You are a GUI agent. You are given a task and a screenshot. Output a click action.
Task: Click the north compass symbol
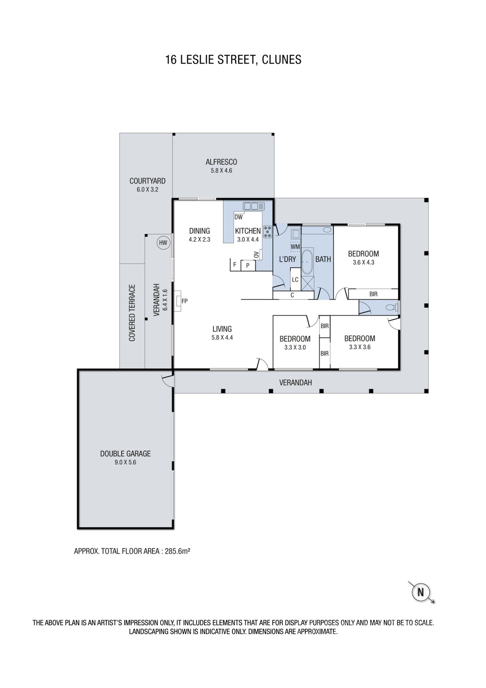click(x=420, y=592)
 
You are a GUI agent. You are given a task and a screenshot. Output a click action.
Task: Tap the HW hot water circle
click(x=163, y=243)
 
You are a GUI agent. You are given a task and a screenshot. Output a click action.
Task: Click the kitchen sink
click(x=254, y=206)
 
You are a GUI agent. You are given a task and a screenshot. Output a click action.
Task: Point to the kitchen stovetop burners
click(x=267, y=232)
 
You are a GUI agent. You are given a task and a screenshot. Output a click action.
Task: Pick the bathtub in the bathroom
click(x=307, y=261)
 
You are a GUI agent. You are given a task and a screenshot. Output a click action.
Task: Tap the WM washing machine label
click(x=295, y=247)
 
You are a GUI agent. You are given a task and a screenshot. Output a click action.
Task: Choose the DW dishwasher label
click(x=238, y=217)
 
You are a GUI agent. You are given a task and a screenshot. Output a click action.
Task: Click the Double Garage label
click(x=125, y=454)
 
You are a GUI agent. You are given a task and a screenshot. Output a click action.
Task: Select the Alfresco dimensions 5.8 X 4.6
click(x=221, y=171)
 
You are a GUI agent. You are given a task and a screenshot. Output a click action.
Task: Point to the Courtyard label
click(x=147, y=181)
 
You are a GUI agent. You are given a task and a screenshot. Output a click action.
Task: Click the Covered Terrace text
click(x=132, y=313)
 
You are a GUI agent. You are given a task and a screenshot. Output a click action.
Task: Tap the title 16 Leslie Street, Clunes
click(x=233, y=60)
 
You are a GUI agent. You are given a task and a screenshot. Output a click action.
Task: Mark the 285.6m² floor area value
click(x=178, y=551)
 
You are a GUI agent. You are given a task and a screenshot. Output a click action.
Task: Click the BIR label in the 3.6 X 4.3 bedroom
click(x=373, y=294)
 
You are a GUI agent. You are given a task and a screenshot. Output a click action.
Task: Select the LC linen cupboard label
click(x=295, y=280)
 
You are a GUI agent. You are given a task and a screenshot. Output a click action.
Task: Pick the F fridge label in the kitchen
click(x=235, y=265)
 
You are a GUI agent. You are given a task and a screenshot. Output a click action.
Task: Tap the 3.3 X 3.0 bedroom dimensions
click(x=295, y=347)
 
